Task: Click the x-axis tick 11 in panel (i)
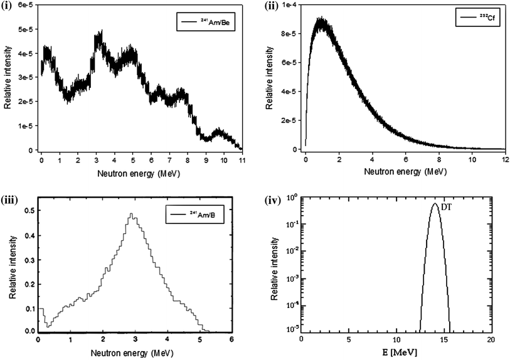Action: (242, 160)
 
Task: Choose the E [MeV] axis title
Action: (396, 354)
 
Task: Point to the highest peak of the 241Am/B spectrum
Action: (131, 214)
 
